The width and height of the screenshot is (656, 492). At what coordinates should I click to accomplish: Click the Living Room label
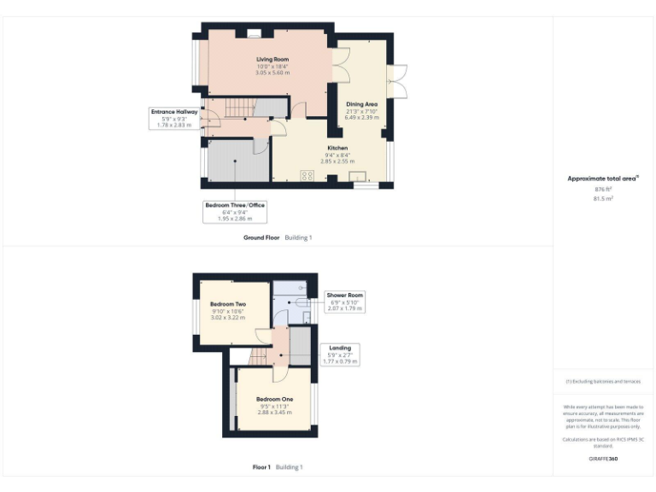click(272, 59)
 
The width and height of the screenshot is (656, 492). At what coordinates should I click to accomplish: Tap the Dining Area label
click(361, 104)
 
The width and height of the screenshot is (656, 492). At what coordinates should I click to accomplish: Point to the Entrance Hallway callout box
click(174, 118)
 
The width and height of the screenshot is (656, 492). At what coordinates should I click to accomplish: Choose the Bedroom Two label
click(228, 304)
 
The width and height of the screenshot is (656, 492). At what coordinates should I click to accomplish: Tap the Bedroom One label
click(274, 399)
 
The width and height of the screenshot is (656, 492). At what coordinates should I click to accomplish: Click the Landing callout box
click(340, 354)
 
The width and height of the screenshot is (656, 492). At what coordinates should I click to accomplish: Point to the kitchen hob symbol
click(307, 177)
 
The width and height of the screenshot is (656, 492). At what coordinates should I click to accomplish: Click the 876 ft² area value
click(603, 189)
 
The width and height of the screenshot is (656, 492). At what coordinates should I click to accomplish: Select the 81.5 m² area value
click(603, 197)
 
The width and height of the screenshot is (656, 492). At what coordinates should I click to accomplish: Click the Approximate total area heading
click(603, 178)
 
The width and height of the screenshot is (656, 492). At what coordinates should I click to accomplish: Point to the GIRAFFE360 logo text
click(603, 460)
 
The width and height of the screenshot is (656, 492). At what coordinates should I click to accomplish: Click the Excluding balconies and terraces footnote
click(603, 382)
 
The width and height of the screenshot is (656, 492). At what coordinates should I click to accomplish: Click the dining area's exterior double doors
click(396, 80)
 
